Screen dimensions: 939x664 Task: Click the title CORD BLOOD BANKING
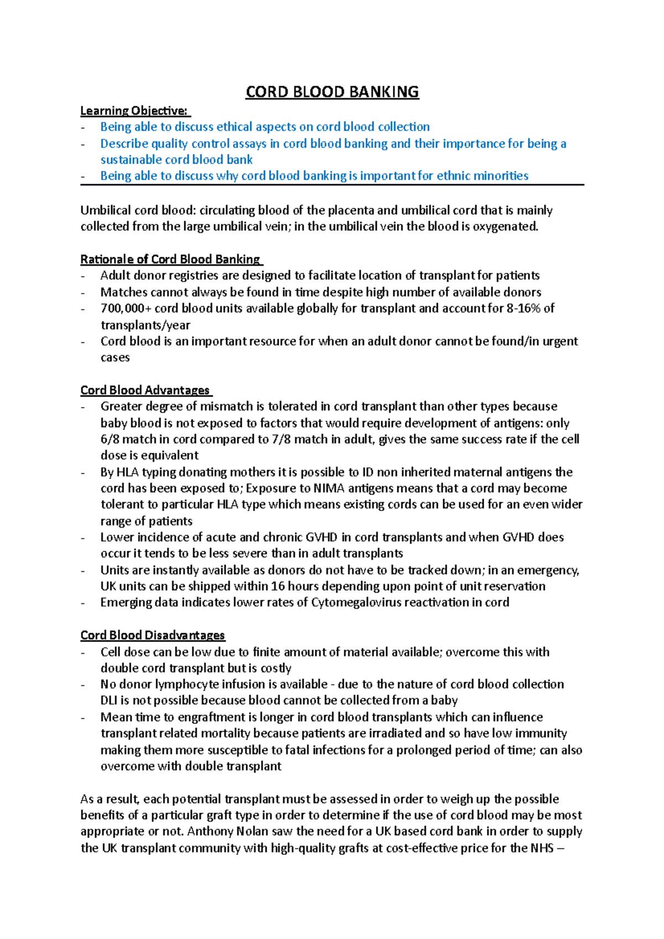[x=332, y=92]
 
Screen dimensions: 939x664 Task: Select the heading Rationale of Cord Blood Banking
[x=170, y=259]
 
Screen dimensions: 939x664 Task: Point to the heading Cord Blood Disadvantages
[x=153, y=635]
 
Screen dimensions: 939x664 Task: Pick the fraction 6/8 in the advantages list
[x=110, y=440]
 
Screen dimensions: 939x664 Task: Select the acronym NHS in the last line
[x=542, y=848]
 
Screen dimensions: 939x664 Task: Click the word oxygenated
[x=505, y=227]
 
